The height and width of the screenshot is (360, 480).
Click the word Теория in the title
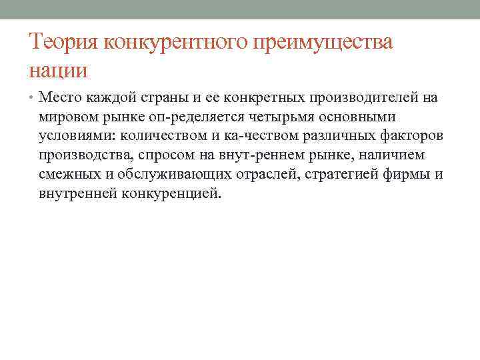61,43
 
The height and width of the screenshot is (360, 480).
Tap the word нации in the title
58,69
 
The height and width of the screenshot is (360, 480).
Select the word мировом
69,118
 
